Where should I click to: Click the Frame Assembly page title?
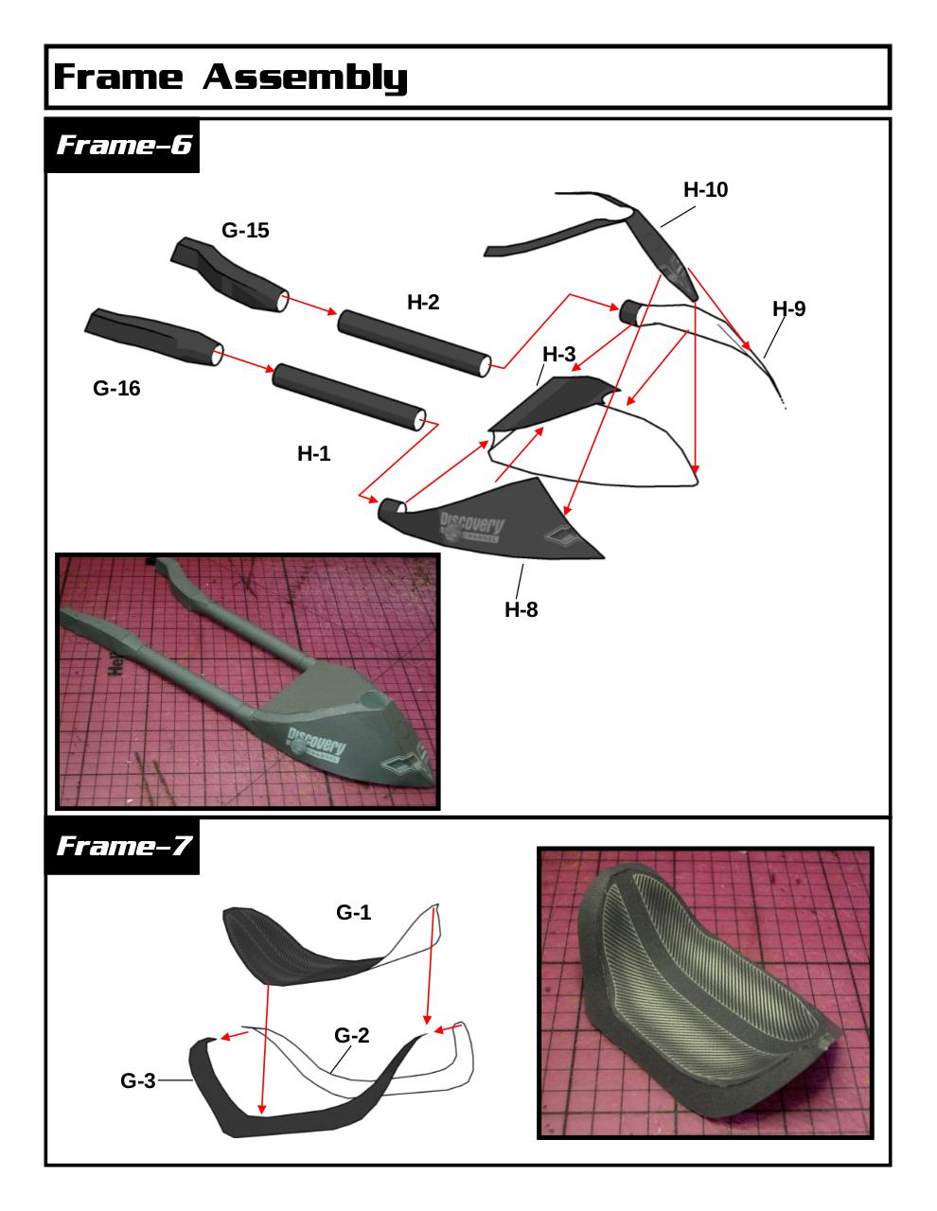click(x=230, y=77)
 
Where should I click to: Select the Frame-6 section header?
click(x=124, y=145)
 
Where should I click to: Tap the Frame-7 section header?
click(x=124, y=846)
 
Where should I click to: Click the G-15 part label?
click(x=245, y=230)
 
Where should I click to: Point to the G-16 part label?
click(x=116, y=388)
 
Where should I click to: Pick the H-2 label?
click(x=423, y=302)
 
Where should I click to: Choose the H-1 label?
click(x=314, y=453)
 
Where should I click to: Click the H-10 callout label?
click(x=705, y=189)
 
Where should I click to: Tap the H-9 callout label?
click(x=788, y=308)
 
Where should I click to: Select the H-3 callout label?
click(x=559, y=354)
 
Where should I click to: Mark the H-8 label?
click(x=522, y=609)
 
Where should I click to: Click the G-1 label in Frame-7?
click(x=353, y=912)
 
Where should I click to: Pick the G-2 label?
click(x=352, y=1035)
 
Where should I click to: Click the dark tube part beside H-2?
click(x=415, y=343)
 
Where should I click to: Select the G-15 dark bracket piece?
click(x=229, y=274)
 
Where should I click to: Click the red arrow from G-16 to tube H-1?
click(x=246, y=361)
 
